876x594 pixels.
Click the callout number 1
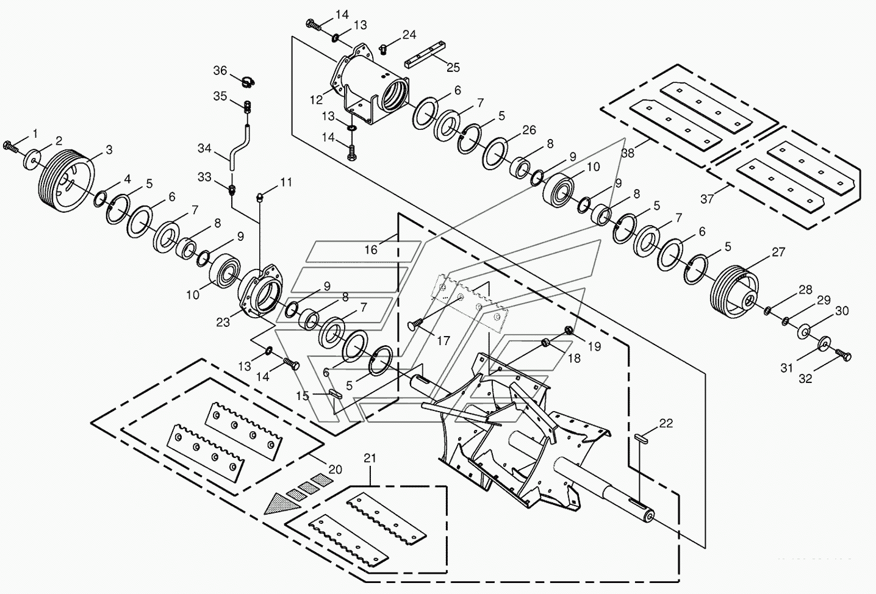coord(35,133)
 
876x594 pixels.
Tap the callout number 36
coord(220,71)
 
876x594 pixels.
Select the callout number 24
coord(409,34)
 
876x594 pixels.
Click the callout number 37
coord(707,199)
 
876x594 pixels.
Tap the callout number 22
coord(666,423)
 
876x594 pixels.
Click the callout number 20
coord(335,470)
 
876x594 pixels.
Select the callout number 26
coord(529,130)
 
